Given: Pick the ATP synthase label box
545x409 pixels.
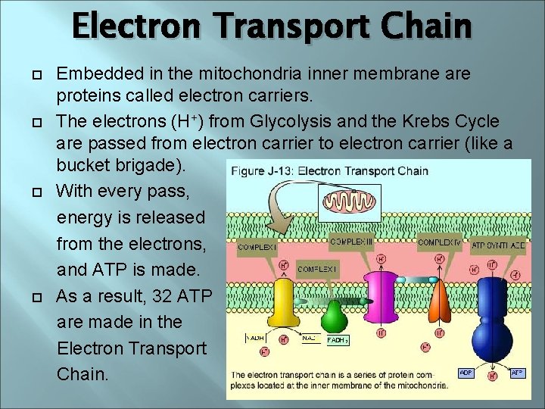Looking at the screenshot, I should click(x=498, y=245).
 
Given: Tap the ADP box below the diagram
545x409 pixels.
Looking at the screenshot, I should click(x=467, y=372).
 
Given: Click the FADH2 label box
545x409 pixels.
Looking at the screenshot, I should click(x=338, y=340).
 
